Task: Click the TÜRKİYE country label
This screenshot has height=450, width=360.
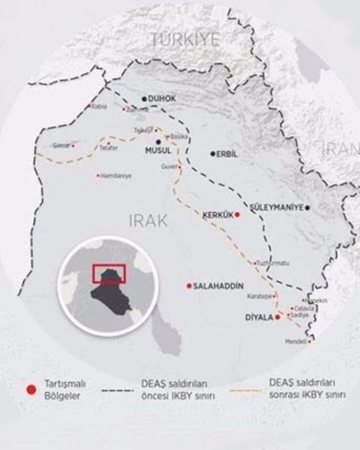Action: coord(185,40)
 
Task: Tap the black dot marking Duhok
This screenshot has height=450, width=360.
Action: coord(144,98)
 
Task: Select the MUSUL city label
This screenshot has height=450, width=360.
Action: coord(158,151)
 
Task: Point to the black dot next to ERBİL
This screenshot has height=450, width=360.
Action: coord(212,154)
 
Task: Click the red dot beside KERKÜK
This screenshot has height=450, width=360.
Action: coord(237,214)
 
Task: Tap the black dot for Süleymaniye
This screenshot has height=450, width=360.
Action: coord(307,208)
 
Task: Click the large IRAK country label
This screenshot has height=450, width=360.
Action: coord(148,221)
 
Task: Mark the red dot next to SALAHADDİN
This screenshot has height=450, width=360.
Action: coord(189,286)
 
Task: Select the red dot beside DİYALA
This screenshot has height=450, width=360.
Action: coord(277,316)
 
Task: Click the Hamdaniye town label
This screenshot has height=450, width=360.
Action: coord(116,176)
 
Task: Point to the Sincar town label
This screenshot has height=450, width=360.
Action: coord(61,145)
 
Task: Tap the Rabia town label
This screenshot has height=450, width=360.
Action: coord(98,107)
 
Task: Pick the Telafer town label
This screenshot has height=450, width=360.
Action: coord(109,148)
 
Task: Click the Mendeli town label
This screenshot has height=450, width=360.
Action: coord(296,341)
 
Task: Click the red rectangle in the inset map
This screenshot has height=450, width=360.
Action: coord(109,273)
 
